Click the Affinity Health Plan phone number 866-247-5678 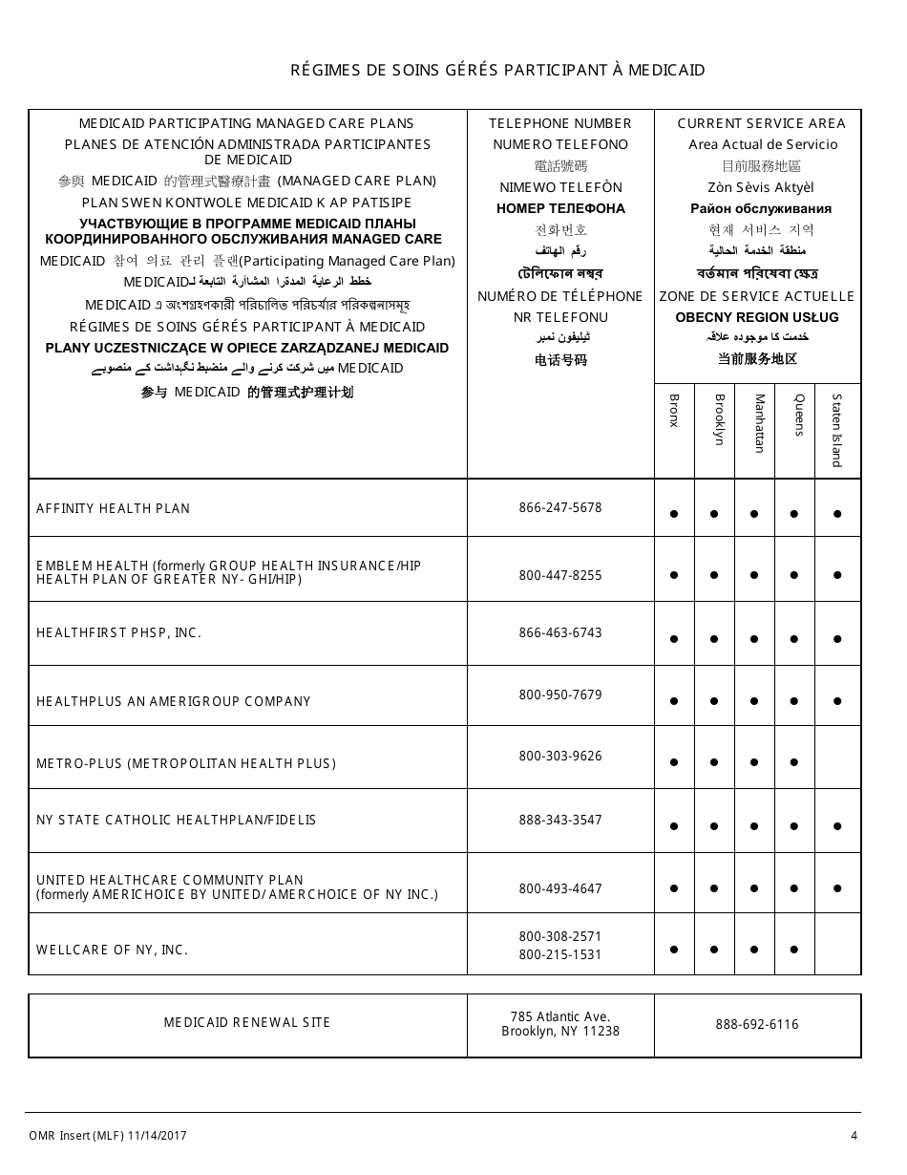[560, 508]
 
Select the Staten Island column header [837, 430]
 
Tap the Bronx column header [674, 411]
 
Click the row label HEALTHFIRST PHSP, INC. [119, 633]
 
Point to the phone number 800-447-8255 [560, 576]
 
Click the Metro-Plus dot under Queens [794, 762]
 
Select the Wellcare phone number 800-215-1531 [560, 955]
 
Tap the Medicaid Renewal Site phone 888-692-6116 [757, 1025]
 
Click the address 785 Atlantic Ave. [560, 1017]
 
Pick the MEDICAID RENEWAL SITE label [247, 1023]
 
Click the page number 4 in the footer [854, 1136]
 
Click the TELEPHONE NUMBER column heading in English [560, 123]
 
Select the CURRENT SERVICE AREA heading [761, 123]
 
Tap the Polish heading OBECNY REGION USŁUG [757, 317]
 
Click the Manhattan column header [760, 423]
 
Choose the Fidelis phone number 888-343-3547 [560, 821]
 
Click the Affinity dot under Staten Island [837, 514]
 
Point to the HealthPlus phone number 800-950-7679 [560, 695]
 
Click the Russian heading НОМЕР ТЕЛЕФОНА [560, 209]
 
